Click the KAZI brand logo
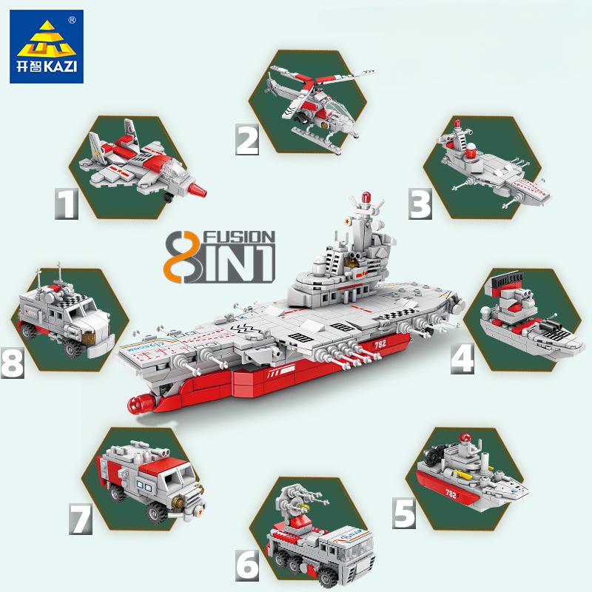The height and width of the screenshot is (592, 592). (x=47, y=46)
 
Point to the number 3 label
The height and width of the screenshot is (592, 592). (x=421, y=202)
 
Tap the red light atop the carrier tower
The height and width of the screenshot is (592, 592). (x=364, y=198)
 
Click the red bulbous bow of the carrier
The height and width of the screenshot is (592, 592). (x=138, y=403)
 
